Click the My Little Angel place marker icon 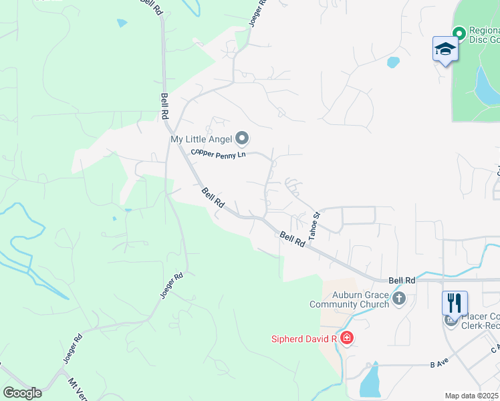[x=242, y=139]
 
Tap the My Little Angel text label [x=201, y=139]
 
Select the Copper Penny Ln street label [x=219, y=153]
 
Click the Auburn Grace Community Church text [x=349, y=299]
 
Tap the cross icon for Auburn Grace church [x=399, y=299]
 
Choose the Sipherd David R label [x=303, y=339]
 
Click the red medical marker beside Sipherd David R [x=346, y=338]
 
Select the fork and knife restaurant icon [x=455, y=302]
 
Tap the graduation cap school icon [x=445, y=49]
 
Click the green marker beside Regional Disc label [x=459, y=33]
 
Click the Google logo [x=21, y=393]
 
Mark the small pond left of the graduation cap [x=393, y=63]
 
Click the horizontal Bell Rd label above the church [x=402, y=281]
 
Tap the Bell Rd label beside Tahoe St [x=292, y=239]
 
